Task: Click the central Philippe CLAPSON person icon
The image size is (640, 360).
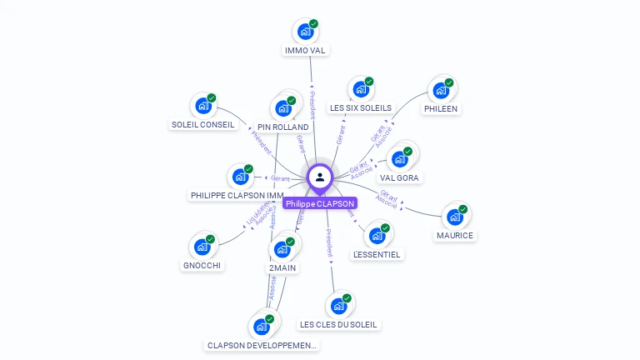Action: pos(319,177)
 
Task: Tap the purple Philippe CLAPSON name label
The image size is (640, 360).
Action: pos(320,203)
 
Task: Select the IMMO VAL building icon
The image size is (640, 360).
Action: pos(305,32)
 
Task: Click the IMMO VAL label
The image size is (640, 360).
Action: pos(305,50)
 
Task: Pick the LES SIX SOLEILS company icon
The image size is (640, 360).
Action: pos(360,89)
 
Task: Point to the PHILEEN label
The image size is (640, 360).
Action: pos(441,108)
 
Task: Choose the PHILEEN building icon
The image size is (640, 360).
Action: pos(440,90)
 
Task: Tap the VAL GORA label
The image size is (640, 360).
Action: pos(400,177)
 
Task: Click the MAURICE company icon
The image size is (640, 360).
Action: pos(454,217)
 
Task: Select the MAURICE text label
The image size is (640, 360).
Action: pos(455,235)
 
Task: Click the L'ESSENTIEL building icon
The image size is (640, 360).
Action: pos(377,235)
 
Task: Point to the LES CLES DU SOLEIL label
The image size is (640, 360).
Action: pos(338,324)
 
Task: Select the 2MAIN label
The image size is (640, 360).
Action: pos(282,268)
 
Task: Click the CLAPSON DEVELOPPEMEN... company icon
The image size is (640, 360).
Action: pos(261,326)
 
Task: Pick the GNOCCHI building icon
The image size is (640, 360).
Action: pos(202,247)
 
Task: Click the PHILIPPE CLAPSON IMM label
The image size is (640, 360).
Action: pos(237,195)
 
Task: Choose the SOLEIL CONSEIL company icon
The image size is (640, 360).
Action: pos(202,106)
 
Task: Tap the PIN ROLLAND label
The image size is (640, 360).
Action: pos(283,127)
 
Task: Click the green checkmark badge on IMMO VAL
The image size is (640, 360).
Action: pos(313,24)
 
